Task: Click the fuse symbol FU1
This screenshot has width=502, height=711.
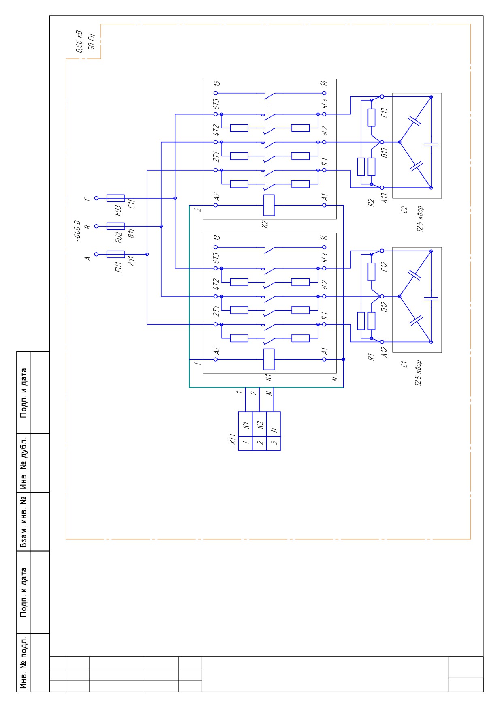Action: pos(115,254)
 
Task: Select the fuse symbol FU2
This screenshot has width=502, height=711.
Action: pos(115,226)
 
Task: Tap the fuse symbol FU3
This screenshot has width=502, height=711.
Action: pos(115,198)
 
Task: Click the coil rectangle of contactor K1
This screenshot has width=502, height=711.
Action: pos(269,359)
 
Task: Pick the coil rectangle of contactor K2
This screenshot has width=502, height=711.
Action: pos(269,205)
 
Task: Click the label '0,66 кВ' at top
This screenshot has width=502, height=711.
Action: pos(79,42)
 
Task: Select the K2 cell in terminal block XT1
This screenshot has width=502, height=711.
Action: pos(259,424)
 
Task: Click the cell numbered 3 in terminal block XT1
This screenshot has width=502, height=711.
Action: pos(273,443)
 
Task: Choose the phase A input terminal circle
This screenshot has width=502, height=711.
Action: pos(96,254)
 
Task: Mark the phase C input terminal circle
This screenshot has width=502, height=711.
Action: pos(96,198)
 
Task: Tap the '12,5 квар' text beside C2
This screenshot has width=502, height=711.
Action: pos(420,219)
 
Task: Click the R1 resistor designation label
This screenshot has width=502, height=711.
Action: pos(370,357)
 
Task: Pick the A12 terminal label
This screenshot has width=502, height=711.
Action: pos(385,353)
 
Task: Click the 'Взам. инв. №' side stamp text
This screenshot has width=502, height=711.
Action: pos(24,522)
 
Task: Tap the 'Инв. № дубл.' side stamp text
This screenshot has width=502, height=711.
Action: pos(24,463)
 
